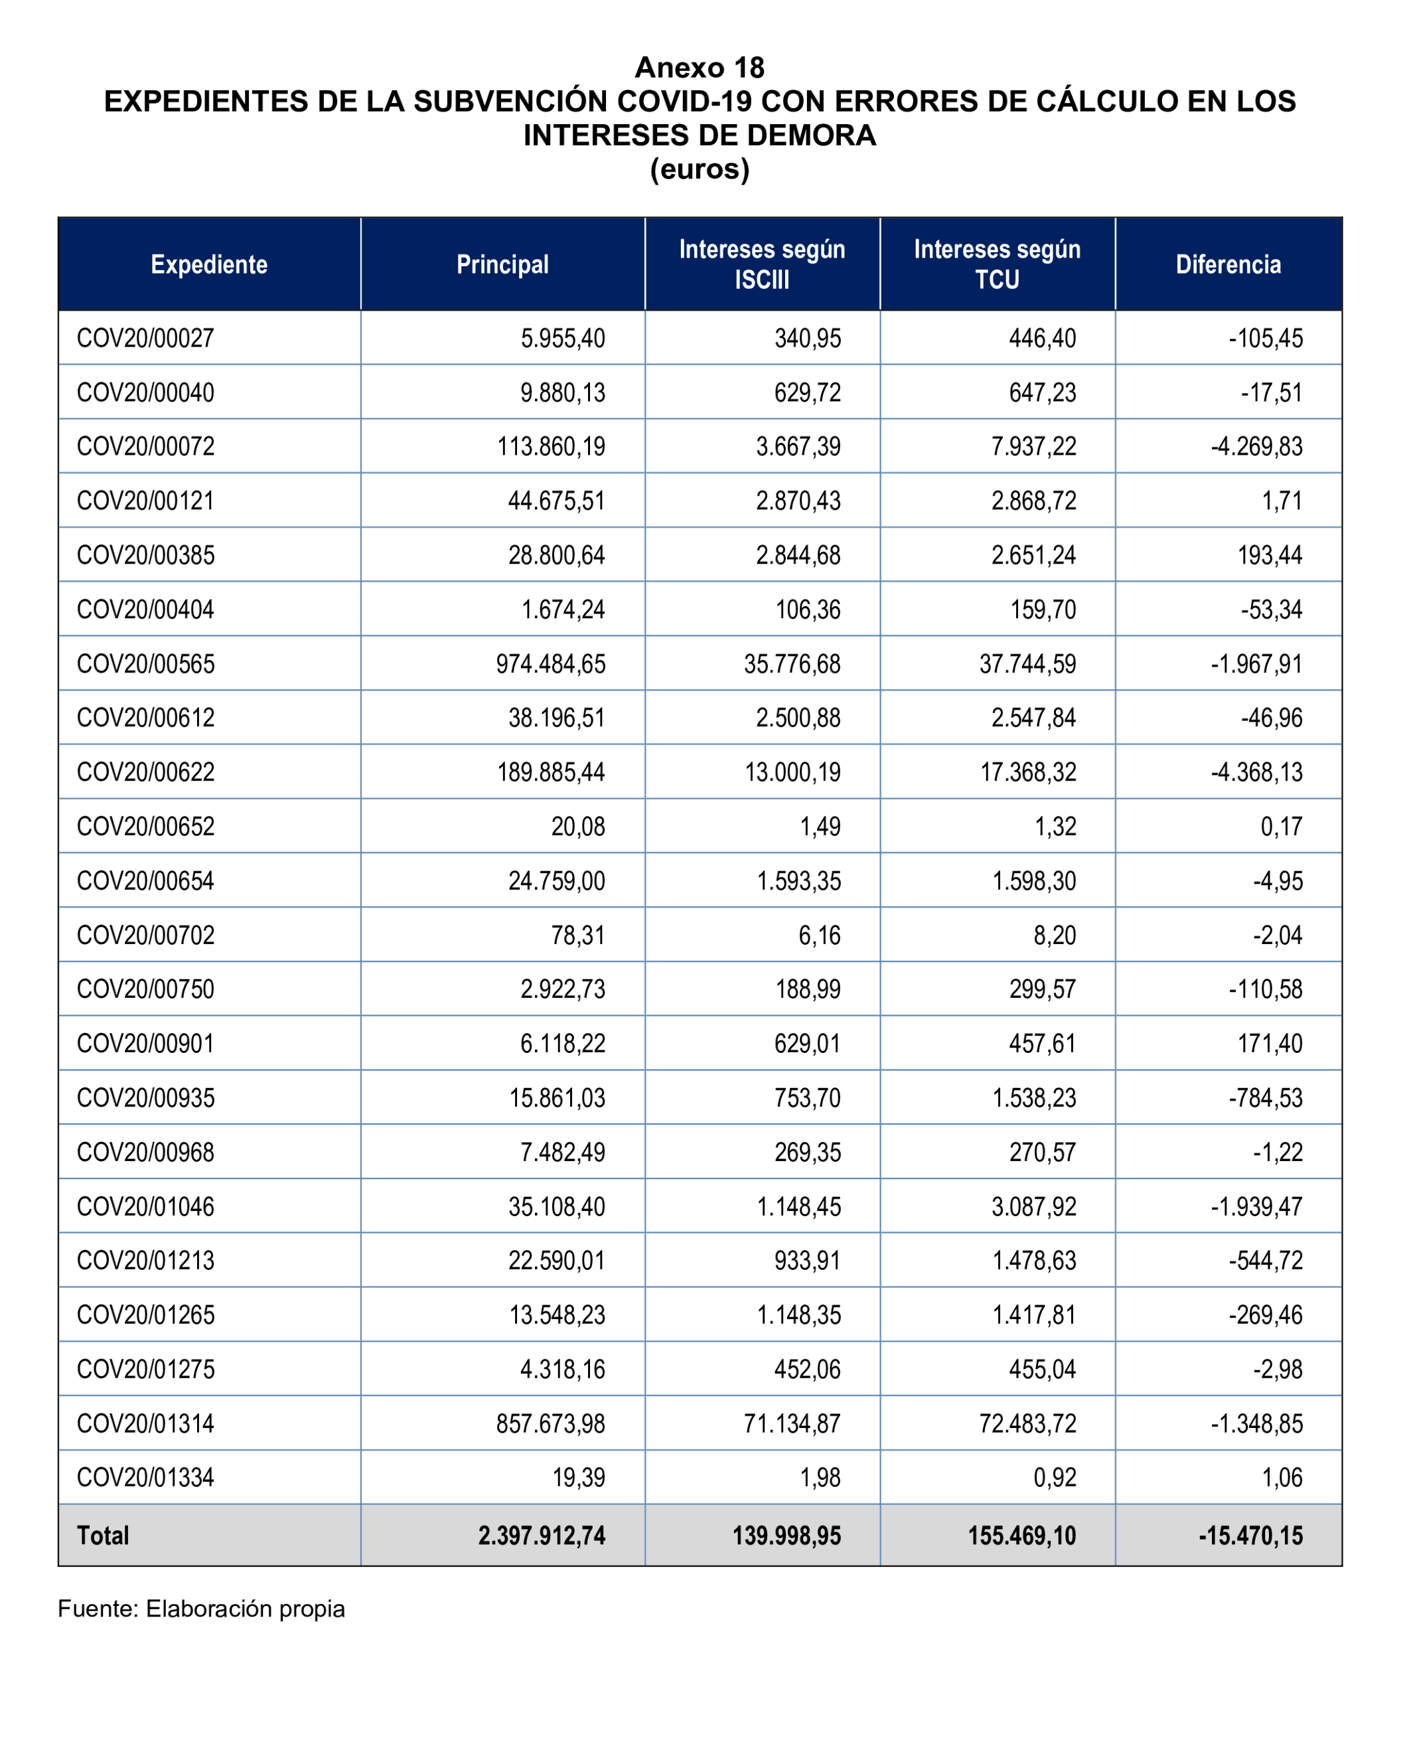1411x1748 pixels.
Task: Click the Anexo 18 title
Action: click(x=699, y=68)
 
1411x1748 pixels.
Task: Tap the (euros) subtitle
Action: click(x=699, y=169)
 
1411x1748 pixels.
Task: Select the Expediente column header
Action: click(x=209, y=264)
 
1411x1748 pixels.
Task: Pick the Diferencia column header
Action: click(x=1227, y=264)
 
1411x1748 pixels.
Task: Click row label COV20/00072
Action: click(x=145, y=446)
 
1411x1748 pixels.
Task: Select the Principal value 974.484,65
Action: click(x=550, y=663)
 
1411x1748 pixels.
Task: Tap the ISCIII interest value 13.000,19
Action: click(x=792, y=771)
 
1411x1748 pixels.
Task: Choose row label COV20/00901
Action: click(x=145, y=1043)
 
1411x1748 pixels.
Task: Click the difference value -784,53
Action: click(x=1265, y=1097)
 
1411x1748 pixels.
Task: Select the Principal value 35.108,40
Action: click(x=556, y=1206)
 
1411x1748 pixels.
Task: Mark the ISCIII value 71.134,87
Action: click(x=792, y=1423)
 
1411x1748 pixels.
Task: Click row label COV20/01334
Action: click(x=145, y=1476)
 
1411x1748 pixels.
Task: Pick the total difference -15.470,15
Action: click(x=1250, y=1535)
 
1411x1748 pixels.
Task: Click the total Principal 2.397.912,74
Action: click(x=542, y=1535)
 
